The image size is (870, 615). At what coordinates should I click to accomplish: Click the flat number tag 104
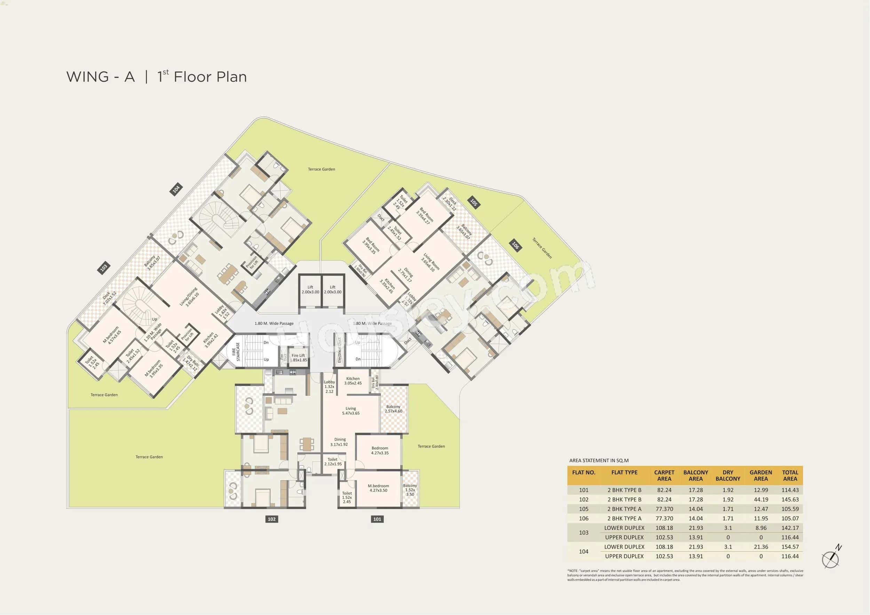[x=176, y=189]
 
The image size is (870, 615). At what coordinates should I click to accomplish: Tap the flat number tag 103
[x=103, y=268]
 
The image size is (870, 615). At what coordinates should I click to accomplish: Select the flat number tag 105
[x=473, y=202]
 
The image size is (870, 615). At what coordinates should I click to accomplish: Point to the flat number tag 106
[x=515, y=245]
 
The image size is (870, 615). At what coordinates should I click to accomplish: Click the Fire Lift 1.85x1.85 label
[x=298, y=358]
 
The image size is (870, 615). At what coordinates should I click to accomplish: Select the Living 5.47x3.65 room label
[x=350, y=411]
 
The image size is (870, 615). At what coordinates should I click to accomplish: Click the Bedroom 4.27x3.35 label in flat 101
[x=380, y=450]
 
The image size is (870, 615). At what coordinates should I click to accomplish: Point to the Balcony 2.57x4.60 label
[x=393, y=409]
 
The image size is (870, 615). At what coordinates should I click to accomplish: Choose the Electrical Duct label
[x=340, y=350]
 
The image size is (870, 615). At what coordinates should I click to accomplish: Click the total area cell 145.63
[x=790, y=499]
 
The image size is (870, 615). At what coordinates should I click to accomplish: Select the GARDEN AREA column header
[x=760, y=475]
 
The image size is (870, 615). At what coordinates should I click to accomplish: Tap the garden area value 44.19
[x=760, y=499]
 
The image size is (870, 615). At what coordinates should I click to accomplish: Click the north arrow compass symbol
[x=830, y=559]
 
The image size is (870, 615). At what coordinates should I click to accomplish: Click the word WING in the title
[x=88, y=77]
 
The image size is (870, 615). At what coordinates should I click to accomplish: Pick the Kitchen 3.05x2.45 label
[x=353, y=381]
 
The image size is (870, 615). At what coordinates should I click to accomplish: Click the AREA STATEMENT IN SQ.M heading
[x=599, y=460]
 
